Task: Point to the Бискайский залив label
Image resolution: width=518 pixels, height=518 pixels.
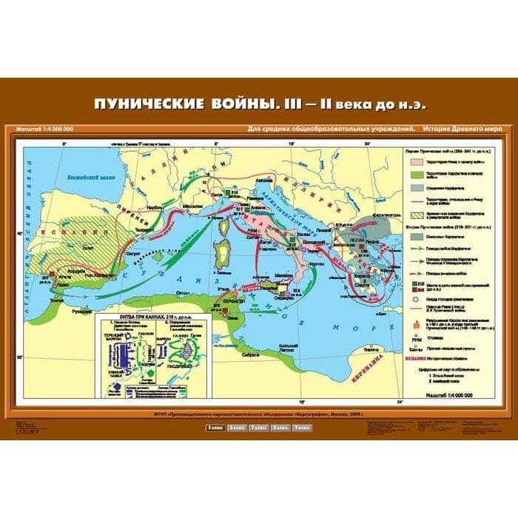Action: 88,179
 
